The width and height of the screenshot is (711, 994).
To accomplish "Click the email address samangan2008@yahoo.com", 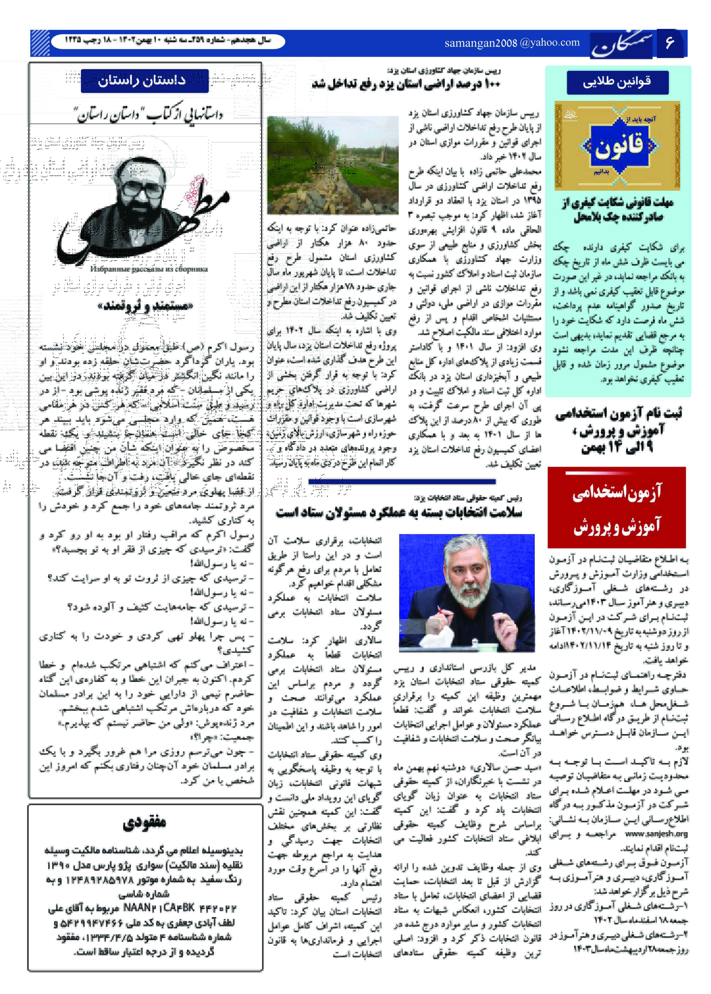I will click(x=512, y=43).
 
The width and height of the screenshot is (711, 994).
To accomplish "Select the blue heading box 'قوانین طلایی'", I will click(x=617, y=82).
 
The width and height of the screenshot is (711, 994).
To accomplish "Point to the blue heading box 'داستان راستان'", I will click(x=144, y=81).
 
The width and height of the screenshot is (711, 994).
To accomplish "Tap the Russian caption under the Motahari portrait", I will click(x=149, y=269).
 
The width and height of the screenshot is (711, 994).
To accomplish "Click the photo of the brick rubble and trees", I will click(x=333, y=165).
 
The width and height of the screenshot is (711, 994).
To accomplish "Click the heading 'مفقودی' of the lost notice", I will click(x=144, y=823).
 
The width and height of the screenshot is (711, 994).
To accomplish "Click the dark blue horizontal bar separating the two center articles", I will click(x=402, y=482).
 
